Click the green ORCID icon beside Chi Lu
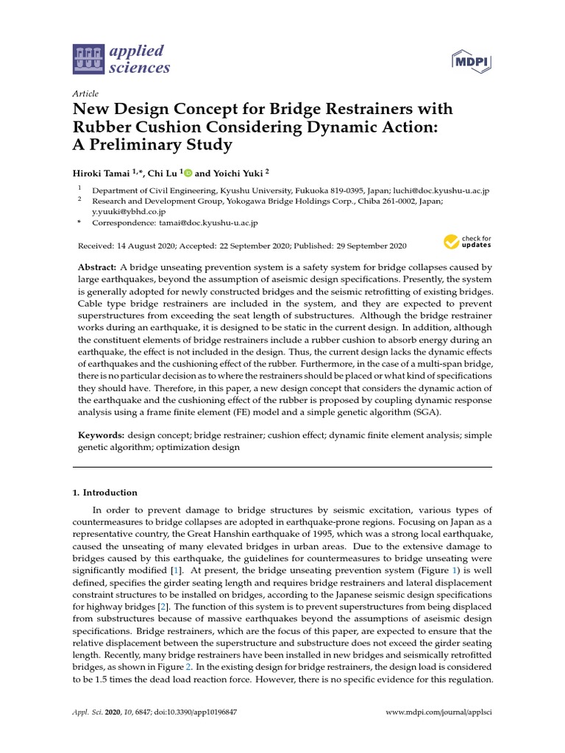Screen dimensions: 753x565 click(188, 173)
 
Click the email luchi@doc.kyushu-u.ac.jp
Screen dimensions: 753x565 click(433, 190)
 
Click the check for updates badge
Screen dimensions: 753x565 click(466, 242)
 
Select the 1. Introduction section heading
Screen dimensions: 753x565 click(109, 493)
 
